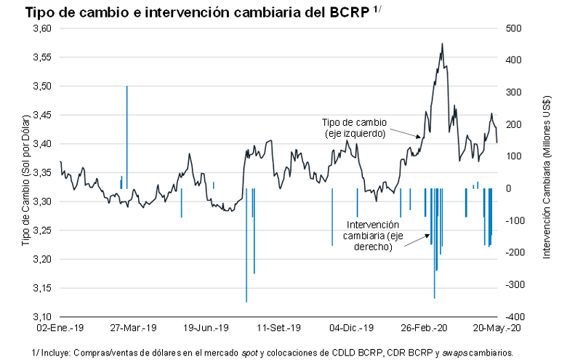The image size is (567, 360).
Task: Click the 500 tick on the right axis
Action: [x=514, y=28]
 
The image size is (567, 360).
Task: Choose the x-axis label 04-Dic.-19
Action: [x=353, y=329]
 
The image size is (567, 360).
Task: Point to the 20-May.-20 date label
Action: [x=497, y=329]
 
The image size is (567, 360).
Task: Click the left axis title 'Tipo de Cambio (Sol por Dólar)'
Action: [x=26, y=179]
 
